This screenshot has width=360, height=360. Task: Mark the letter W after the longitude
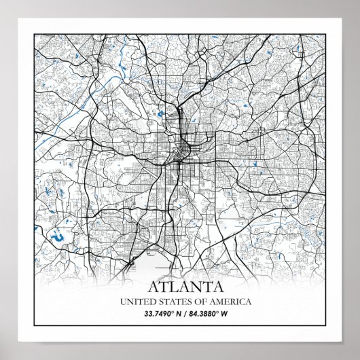[x=225, y=313]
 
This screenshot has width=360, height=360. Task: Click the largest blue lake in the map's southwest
[x=58, y=238]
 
